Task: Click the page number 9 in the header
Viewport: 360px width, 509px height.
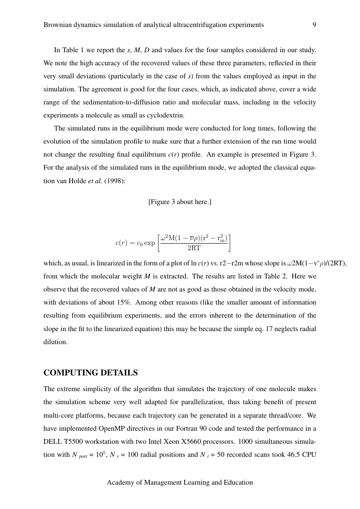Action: pyautogui.click(x=314, y=25)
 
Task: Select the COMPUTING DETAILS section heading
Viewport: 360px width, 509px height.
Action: pyautogui.click(x=91, y=373)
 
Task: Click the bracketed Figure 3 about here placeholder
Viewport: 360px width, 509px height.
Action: pyautogui.click(x=180, y=202)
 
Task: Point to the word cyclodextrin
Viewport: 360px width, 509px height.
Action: pyautogui.click(x=168, y=115)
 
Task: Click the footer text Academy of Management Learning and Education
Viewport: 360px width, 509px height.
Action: pyautogui.click(x=180, y=482)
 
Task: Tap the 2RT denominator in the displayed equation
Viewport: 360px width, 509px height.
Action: pyautogui.click(x=194, y=248)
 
